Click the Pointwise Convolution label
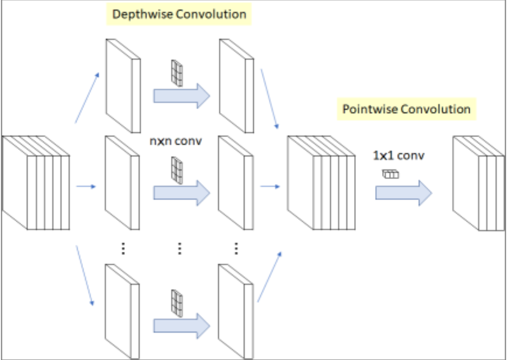[x=406, y=110]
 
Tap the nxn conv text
[x=175, y=140]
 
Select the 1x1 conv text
[x=398, y=155]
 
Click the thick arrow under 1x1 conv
[x=404, y=192]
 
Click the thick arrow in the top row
[x=182, y=96]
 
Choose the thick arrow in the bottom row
[x=182, y=324]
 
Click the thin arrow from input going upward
[x=87, y=98]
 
